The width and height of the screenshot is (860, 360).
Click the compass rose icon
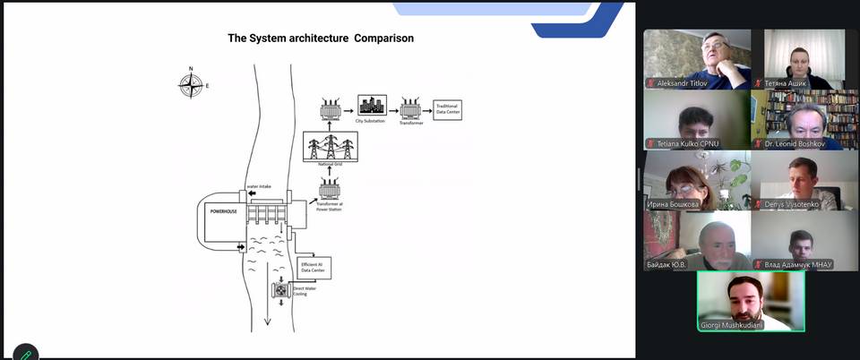(190, 85)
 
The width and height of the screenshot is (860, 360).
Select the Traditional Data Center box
(447, 110)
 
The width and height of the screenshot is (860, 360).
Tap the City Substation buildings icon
(372, 107)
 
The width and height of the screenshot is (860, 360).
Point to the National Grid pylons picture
(331, 146)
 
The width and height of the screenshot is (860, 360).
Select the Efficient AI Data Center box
(314, 267)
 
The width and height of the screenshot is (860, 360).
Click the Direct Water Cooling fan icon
(281, 291)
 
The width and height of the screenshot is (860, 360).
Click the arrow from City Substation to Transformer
(392, 110)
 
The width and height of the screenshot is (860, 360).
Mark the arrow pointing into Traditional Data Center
(427, 110)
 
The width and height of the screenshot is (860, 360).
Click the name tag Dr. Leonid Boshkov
(801, 143)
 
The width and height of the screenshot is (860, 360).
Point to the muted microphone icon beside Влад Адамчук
(758, 264)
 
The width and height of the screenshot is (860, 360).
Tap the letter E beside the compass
(207, 86)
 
